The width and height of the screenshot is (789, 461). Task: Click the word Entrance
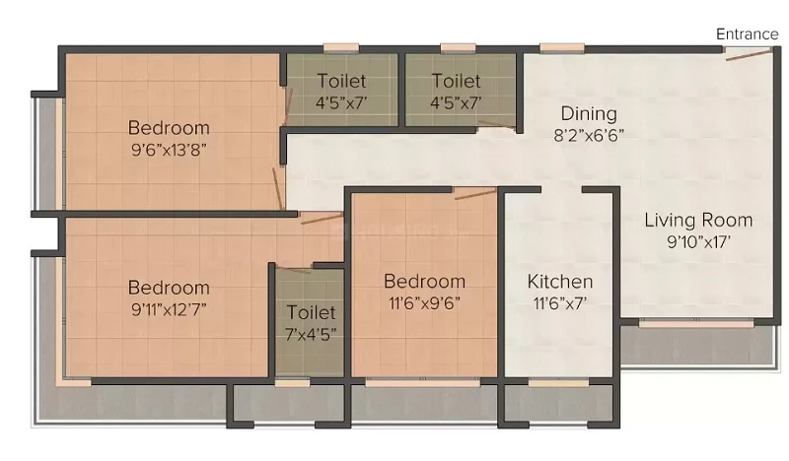tap(747, 34)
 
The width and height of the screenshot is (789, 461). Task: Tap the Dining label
tap(589, 113)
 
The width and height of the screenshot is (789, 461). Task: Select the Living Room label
tap(698, 220)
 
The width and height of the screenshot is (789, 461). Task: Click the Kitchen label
tap(560, 281)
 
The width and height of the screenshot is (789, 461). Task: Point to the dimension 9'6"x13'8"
tap(169, 150)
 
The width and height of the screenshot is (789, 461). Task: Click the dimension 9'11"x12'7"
tap(169, 309)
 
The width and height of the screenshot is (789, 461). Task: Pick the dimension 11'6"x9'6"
tap(424, 303)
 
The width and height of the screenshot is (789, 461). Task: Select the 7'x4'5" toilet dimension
tap(311, 334)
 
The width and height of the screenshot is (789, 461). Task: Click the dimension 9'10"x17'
tap(698, 241)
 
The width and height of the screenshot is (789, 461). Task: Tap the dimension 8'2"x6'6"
tap(589, 135)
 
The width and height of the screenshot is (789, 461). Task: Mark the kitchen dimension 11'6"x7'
tap(560, 303)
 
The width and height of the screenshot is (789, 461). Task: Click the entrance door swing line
tap(749, 54)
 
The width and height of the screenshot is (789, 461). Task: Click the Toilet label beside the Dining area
tap(457, 81)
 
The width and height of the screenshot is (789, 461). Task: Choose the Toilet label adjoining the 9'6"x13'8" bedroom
tap(341, 81)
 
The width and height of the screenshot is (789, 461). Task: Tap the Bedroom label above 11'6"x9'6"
tap(424, 281)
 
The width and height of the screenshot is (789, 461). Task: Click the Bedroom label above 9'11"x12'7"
tap(169, 288)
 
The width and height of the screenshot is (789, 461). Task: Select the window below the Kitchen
tap(558, 383)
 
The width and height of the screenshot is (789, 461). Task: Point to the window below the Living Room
tap(696, 323)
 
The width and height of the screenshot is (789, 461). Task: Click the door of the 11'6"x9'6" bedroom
tap(475, 193)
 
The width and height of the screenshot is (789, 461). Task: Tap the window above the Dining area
tap(562, 48)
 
